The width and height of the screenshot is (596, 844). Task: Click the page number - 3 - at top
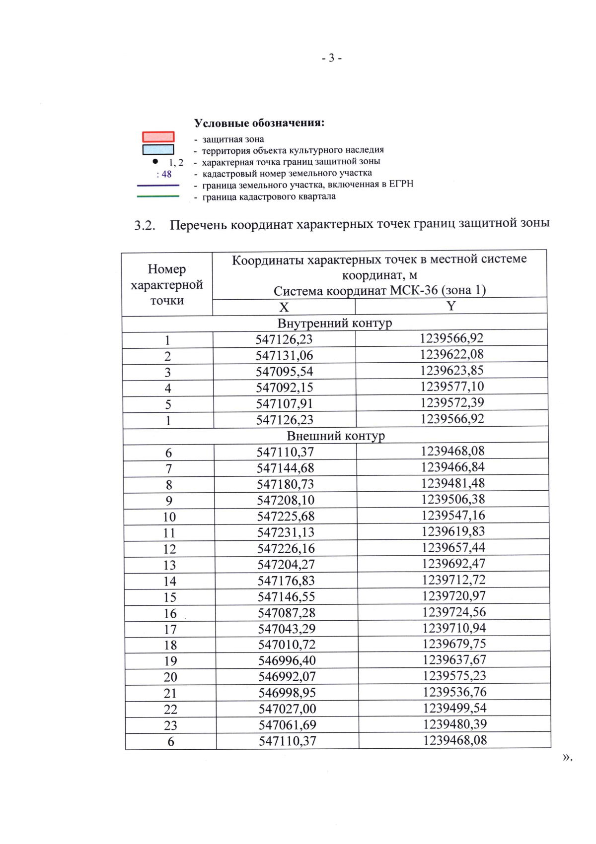coord(331,59)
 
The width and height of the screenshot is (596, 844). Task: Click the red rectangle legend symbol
coord(158,137)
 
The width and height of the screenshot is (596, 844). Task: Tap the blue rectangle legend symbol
coord(158,149)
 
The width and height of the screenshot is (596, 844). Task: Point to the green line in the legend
coord(158,196)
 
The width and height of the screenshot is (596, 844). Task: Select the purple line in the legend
coord(158,186)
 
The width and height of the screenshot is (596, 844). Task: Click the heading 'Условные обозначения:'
coord(259,123)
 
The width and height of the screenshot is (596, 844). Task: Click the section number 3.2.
coord(145,226)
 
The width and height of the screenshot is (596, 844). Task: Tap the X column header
coord(284,307)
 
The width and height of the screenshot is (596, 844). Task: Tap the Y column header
coord(451,306)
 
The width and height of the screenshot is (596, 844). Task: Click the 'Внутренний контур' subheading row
coord(335,323)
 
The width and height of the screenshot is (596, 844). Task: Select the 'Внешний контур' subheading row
coord(336,436)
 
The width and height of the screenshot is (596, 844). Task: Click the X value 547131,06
coord(285,355)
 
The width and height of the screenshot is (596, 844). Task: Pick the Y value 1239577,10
coord(452,387)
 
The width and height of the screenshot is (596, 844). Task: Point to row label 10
coord(169,517)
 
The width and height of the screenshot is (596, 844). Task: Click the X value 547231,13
coord(286,532)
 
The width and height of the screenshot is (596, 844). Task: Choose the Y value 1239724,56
coord(454,612)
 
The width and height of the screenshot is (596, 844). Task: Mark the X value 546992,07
coord(287,676)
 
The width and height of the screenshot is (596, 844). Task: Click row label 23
coord(170,725)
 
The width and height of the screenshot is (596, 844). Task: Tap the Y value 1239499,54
coord(454,708)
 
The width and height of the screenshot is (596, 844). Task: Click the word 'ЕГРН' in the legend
coord(401,184)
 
